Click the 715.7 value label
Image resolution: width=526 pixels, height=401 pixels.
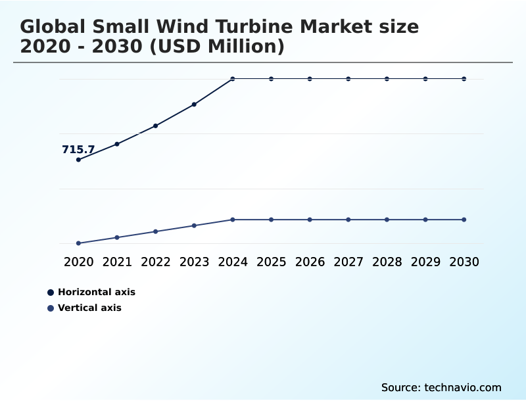pos(78,150)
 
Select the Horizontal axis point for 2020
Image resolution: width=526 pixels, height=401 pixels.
pos(78,160)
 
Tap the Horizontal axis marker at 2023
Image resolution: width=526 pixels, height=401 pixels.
pos(194,105)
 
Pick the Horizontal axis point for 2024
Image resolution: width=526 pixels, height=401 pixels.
pos(233,79)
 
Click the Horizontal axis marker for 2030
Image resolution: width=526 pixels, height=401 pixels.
pos(464,79)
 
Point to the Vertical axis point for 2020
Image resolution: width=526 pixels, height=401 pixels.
pos(78,243)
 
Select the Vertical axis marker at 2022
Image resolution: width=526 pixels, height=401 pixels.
pos(156,231)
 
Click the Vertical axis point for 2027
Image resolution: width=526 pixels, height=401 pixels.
pos(348,220)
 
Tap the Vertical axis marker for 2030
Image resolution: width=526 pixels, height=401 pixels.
pos(464,220)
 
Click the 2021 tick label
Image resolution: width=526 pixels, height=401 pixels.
pos(117,262)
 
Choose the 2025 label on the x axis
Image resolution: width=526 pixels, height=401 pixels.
pos(271,262)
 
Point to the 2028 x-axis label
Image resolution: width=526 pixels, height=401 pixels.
pos(387,262)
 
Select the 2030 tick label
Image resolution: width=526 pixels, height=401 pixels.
pos(464,262)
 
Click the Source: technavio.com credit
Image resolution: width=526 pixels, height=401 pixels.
pos(441,387)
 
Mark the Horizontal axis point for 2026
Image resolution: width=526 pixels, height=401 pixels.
pos(310,79)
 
